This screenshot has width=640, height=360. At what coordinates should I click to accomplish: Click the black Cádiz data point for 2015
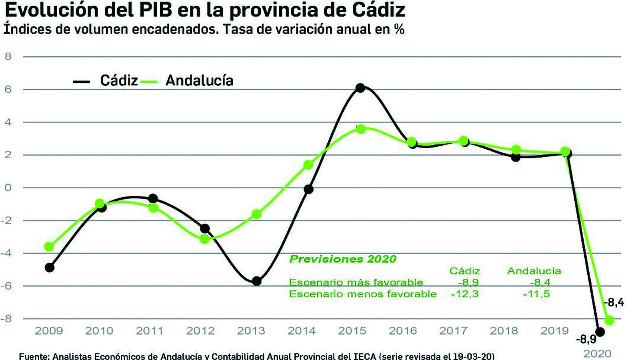360,88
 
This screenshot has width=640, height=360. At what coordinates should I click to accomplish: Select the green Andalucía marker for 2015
361,129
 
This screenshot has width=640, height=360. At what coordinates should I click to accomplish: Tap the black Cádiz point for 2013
257,281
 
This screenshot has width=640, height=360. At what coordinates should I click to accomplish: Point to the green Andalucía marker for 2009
49,246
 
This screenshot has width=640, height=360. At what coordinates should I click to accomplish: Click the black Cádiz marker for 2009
50,267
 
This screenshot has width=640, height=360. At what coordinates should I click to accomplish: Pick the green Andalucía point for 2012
205,239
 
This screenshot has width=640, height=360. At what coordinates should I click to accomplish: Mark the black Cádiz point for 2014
308,189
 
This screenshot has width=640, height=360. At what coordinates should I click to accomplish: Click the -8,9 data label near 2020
586,340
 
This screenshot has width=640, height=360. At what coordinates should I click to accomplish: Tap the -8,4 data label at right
614,302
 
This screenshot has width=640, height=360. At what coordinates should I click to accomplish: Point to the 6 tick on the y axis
8,89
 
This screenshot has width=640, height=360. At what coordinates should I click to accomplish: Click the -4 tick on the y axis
6,253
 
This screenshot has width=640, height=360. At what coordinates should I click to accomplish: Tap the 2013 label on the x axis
251,331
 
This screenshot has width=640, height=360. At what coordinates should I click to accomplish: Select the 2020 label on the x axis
597,354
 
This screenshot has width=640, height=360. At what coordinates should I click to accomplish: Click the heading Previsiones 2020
342,259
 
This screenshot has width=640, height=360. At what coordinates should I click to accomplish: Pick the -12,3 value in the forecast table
464,294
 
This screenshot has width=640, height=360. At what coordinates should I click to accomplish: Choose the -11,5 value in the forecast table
536,294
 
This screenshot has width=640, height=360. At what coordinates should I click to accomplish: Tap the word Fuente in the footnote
33,356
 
